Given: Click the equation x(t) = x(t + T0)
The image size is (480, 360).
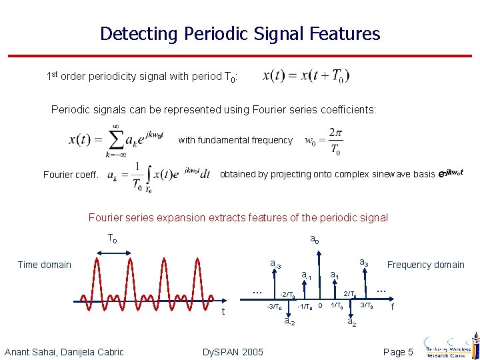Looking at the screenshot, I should pos(306,76).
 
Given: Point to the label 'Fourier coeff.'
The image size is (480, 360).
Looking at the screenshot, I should pos(71,175).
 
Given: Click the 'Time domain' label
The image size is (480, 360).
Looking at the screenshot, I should pos(44,265).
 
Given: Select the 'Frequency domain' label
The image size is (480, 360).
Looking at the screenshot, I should pos(426,265).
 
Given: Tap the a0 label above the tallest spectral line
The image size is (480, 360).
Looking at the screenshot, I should pos(315,239).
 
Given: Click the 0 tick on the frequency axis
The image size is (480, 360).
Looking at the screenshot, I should pos(320,306).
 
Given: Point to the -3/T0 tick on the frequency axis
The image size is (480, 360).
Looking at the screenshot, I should pos(274,307).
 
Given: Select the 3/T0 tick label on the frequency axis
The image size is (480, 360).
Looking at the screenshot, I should pos(367,306).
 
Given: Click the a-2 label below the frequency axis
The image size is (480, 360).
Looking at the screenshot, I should pos(290,322).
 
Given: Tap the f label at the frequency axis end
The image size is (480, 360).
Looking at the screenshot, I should pos(393,307).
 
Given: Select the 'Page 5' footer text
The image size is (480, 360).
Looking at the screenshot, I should pos(399,352).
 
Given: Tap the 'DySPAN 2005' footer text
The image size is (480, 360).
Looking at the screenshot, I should pos(232,352).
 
